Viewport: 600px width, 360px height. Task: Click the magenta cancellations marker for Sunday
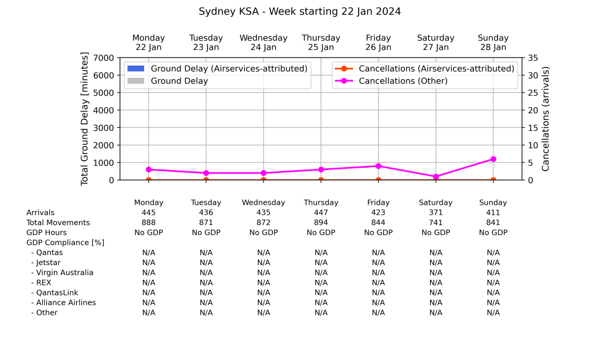coord(493,159)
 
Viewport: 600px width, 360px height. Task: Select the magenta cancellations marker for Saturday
coord(436,176)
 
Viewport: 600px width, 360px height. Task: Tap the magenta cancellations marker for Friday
coord(379,166)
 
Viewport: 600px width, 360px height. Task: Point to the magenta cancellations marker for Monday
coord(149,169)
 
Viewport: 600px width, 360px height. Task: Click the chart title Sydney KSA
coord(299,12)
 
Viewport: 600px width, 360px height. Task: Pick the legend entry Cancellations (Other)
coord(403,81)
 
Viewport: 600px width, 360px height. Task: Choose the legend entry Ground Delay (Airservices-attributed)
coord(229,69)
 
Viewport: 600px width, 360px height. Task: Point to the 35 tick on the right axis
coord(533,57)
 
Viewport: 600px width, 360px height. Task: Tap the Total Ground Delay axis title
coord(84,119)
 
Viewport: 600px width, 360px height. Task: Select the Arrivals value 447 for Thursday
coord(321,213)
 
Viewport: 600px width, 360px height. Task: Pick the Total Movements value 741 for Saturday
coord(436,223)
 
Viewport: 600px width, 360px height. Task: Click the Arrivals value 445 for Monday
coord(149,213)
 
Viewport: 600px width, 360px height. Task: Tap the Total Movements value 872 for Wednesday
coord(264,223)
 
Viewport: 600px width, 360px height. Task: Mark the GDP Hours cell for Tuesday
coord(206,233)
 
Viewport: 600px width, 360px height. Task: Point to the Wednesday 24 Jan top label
coord(264,42)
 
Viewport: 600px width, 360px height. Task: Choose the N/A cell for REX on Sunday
coord(493,283)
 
